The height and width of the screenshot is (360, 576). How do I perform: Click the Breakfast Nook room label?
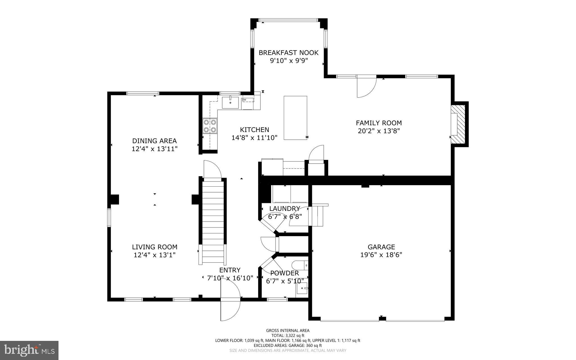click(x=289, y=53)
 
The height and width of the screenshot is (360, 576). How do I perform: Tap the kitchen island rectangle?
click(x=295, y=118)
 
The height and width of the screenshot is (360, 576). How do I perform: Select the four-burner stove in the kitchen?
click(x=210, y=126)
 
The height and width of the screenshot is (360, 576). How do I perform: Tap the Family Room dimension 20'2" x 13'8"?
click(x=379, y=131)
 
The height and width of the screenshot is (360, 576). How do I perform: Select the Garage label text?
click(x=381, y=247)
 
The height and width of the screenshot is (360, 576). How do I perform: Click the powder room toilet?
click(x=300, y=265)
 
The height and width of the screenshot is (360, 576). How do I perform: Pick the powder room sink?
click(x=302, y=288)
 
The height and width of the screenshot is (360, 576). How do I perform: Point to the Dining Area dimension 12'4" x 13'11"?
click(x=154, y=149)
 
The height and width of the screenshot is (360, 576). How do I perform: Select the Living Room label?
click(x=155, y=247)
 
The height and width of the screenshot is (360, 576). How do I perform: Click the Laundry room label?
click(x=285, y=209)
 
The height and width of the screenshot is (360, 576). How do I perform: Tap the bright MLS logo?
click(x=29, y=350)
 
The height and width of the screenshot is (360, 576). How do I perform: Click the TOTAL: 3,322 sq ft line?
click(x=287, y=336)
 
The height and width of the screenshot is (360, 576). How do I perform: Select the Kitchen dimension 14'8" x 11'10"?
click(x=254, y=138)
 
